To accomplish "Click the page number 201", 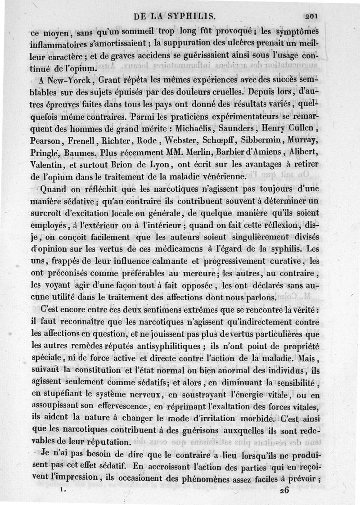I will coord(311,17).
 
